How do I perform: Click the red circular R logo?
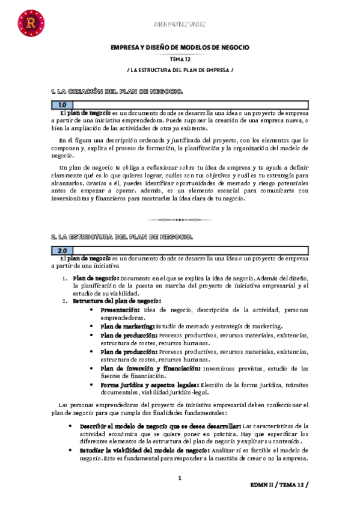(28, 23)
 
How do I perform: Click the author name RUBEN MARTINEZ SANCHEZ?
(180, 24)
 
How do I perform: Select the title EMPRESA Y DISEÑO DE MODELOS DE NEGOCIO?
(180, 47)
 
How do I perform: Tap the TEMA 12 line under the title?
(180, 60)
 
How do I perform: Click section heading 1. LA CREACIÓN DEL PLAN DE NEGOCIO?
(116, 91)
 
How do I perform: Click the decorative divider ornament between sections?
(180, 219)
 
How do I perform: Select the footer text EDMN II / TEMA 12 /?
(282, 485)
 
